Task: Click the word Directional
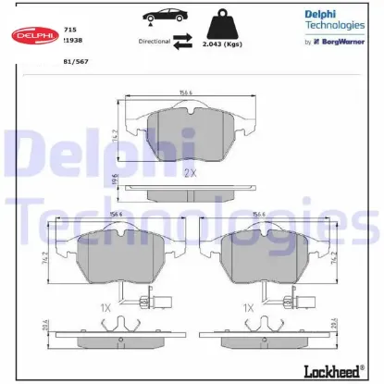154,42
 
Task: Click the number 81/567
75,62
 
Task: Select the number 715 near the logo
69,30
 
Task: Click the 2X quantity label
190,173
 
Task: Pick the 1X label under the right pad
248,307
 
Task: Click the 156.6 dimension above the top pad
191,92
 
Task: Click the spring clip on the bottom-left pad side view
121,325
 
